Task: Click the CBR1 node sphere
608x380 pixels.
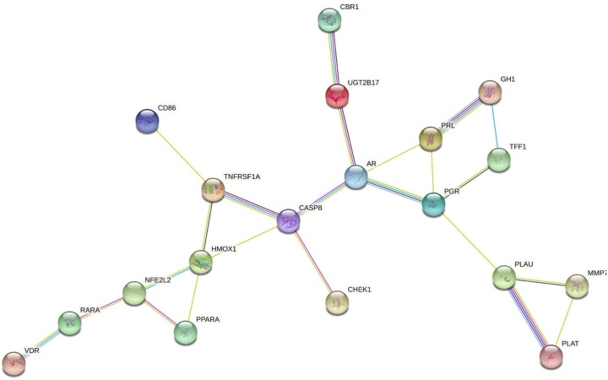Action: [329, 21]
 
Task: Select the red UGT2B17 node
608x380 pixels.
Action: [337, 96]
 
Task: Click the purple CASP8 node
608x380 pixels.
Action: [289, 222]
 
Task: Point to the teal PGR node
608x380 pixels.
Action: [432, 204]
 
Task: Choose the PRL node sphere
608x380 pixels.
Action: [431, 138]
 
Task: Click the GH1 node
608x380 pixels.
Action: [489, 93]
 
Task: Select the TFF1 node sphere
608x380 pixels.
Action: [499, 160]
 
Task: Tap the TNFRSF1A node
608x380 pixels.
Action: [213, 191]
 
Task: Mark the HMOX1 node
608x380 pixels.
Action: [200, 262]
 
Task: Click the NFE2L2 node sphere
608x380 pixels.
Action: [134, 294]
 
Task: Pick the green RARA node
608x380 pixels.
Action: [69, 322]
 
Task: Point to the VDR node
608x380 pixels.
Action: [14, 363]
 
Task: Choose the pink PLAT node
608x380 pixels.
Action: [551, 356]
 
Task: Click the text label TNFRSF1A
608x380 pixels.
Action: [242, 176]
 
